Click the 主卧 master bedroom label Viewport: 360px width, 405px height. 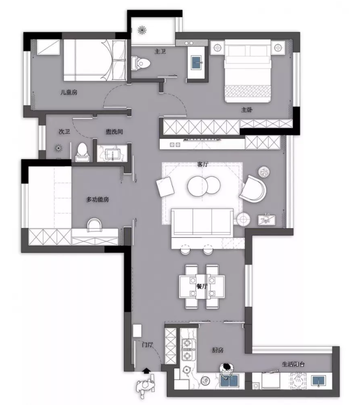pyautogui.click(x=247, y=110)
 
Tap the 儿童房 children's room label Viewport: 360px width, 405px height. pyautogui.click(x=69, y=92)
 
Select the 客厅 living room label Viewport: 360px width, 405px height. pyautogui.click(x=202, y=164)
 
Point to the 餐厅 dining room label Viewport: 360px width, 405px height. pyautogui.click(x=202, y=286)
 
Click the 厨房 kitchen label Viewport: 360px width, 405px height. pyautogui.click(x=218, y=350)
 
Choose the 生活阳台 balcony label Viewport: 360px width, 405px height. pyautogui.click(x=293, y=364)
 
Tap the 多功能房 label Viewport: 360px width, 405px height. pyautogui.click(x=97, y=199)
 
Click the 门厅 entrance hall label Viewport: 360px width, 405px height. pyautogui.click(x=147, y=344)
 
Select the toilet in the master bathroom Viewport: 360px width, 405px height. pyautogui.click(x=141, y=63)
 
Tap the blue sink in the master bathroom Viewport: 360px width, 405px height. pyautogui.click(x=197, y=62)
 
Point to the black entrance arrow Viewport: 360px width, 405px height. pyautogui.click(x=146, y=371)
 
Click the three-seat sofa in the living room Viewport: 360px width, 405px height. pyautogui.click(x=202, y=222)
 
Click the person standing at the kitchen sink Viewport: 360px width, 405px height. pyautogui.click(x=226, y=370)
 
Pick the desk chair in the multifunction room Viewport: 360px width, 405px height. pyautogui.click(x=95, y=225)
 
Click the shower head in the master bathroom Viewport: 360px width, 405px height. pyautogui.click(x=141, y=30)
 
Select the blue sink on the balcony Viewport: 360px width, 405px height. pyautogui.click(x=319, y=381)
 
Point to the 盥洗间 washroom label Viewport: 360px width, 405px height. pyautogui.click(x=115, y=132)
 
